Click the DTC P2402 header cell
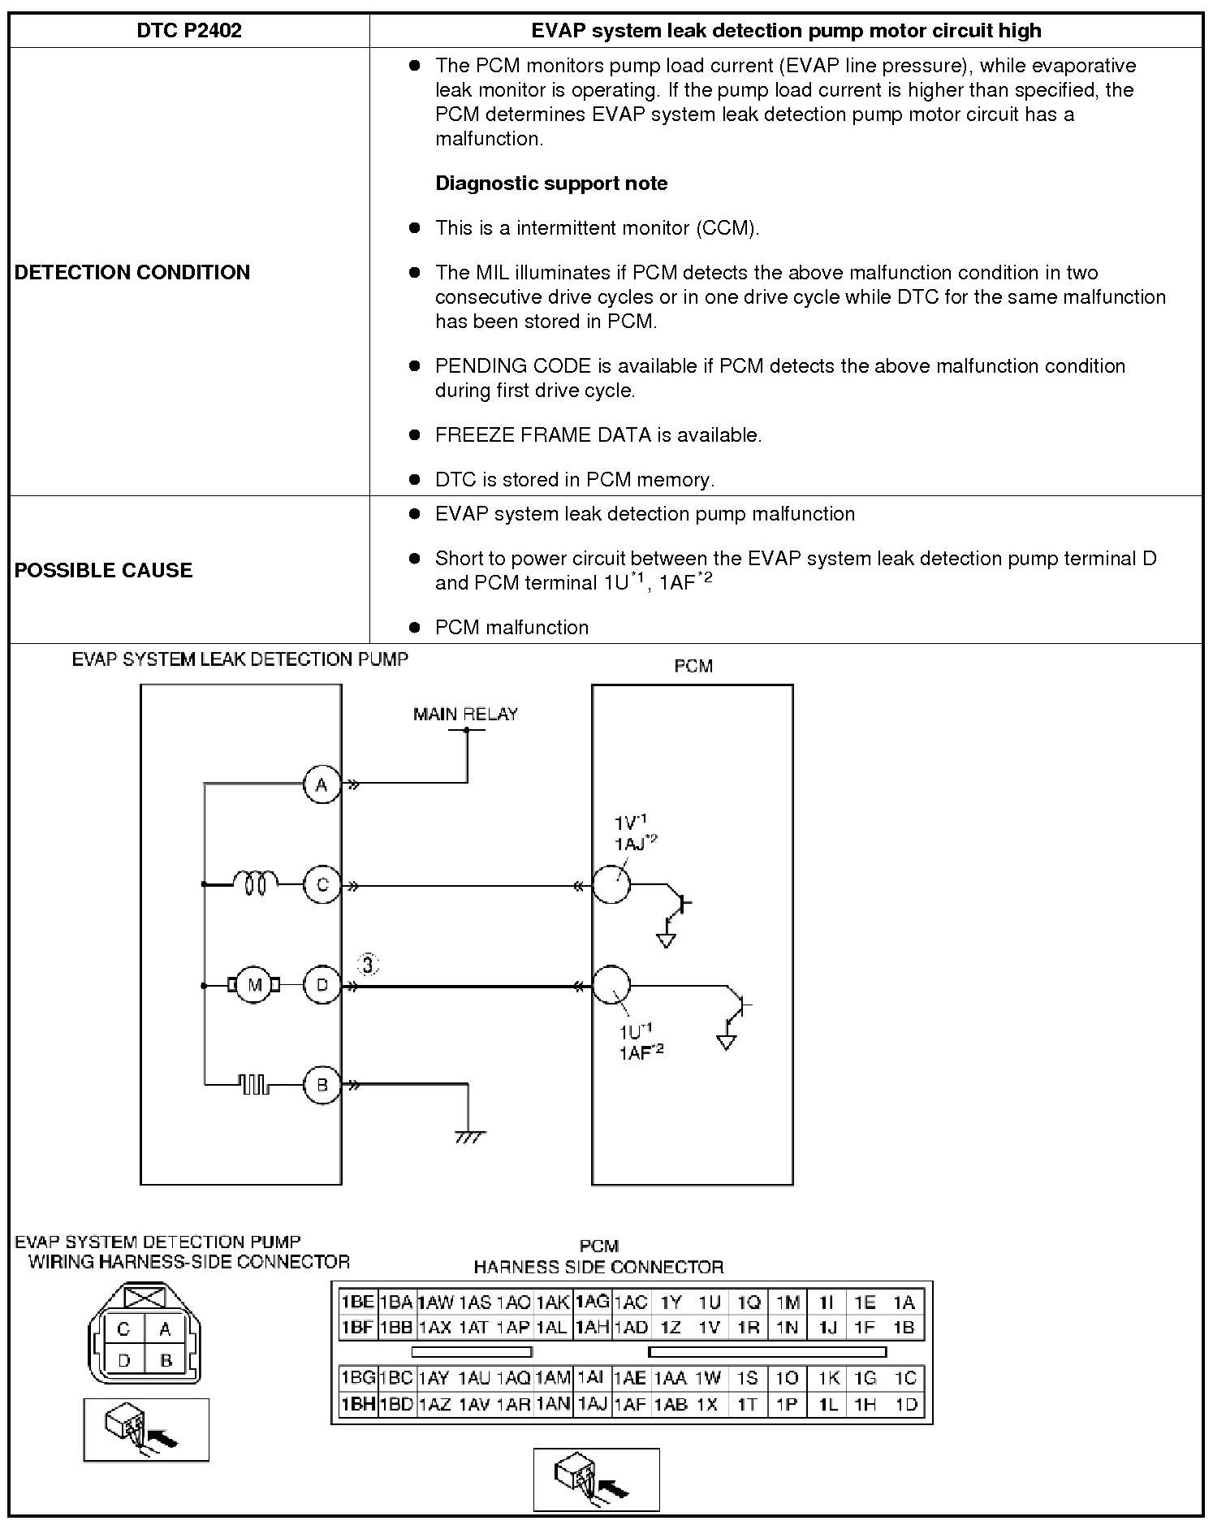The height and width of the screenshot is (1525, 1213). click(188, 31)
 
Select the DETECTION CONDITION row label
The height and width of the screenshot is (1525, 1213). click(132, 272)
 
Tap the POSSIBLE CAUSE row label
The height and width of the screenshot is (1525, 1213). click(103, 570)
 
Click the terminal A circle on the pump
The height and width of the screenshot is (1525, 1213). click(322, 785)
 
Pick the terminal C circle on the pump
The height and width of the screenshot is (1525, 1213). click(322, 884)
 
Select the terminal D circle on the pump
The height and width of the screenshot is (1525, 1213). click(322, 985)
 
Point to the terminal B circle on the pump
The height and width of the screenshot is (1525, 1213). click(322, 1085)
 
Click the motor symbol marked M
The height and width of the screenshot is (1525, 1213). click(255, 985)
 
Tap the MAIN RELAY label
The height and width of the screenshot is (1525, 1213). click(465, 714)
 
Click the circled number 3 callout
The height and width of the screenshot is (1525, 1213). click(369, 965)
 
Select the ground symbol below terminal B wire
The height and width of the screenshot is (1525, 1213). click(469, 1136)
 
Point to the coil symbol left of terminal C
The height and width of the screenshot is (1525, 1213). click(255, 883)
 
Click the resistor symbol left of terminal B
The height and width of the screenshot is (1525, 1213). click(255, 1084)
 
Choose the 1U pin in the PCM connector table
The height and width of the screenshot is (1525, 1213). click(709, 1303)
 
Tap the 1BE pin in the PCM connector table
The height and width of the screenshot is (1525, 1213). click(356, 1303)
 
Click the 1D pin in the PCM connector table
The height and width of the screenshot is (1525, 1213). click(905, 1404)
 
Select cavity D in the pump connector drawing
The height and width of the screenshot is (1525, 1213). click(124, 1360)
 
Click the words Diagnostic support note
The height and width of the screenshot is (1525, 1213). click(551, 183)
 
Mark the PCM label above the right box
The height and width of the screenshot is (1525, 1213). click(693, 666)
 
